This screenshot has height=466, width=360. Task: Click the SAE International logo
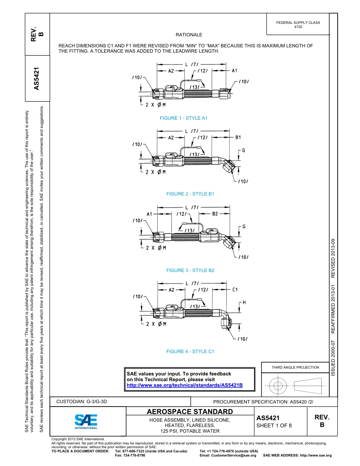point(86,421)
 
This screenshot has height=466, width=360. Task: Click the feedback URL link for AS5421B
point(185,385)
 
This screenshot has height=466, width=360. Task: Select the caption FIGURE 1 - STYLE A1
point(183,118)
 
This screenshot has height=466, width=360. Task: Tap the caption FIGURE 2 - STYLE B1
point(190,194)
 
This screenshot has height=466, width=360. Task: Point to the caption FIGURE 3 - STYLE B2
point(190,271)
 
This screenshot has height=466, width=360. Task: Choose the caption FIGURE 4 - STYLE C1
point(190,352)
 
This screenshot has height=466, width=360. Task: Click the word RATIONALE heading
point(189,35)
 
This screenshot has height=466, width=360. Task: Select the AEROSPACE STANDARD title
point(190,412)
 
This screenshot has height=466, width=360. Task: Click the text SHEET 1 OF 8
point(274,425)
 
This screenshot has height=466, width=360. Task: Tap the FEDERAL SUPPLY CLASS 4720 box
point(298,25)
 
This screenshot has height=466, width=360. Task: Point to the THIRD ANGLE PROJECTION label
point(295,367)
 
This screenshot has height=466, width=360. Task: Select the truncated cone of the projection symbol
point(307,386)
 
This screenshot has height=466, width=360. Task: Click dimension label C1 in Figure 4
point(235,290)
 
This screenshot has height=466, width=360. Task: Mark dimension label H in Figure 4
point(244,302)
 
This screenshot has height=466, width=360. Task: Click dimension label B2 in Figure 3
point(215,214)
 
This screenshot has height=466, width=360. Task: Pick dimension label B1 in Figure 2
point(238,138)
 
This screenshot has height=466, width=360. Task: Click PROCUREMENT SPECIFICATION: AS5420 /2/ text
point(263,402)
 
